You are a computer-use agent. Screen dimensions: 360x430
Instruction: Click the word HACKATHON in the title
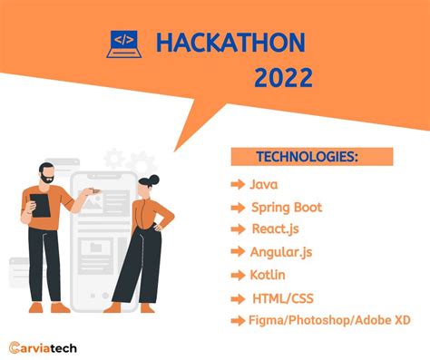(230, 43)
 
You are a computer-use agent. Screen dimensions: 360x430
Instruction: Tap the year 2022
(283, 78)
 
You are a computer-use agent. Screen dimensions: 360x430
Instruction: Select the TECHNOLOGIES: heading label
(307, 157)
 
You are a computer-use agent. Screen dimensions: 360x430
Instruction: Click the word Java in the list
(264, 184)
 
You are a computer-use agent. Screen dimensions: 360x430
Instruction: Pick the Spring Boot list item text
(287, 208)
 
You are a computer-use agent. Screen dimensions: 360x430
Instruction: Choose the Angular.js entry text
(283, 252)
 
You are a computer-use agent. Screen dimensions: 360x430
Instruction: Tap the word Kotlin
(269, 274)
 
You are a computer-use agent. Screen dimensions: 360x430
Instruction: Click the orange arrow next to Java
(238, 184)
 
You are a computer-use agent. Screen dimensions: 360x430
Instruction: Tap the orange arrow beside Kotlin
(238, 274)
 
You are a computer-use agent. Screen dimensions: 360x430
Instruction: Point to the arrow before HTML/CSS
(238, 297)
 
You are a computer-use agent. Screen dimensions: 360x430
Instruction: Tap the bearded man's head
(47, 174)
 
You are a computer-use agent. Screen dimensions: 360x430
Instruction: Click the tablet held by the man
(40, 204)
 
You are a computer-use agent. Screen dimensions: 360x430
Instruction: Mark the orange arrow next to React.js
(238, 229)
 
